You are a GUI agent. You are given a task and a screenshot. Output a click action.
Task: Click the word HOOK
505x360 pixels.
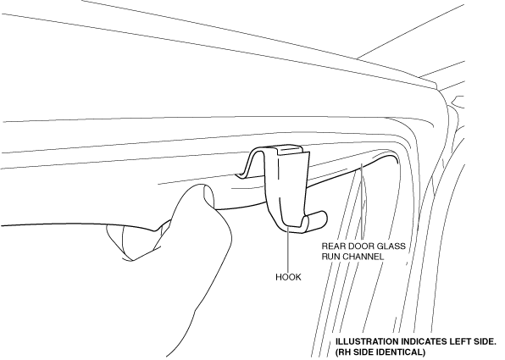point(288,277)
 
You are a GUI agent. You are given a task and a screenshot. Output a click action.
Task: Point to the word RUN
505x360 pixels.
point(330,257)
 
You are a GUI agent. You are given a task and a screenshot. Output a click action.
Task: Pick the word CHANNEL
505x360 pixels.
point(363,257)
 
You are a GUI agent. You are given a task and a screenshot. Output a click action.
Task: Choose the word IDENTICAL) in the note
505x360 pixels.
point(400,352)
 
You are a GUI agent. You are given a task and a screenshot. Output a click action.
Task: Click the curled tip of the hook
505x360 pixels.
point(319,219)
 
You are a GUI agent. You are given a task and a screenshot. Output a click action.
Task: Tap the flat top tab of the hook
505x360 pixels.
point(289,150)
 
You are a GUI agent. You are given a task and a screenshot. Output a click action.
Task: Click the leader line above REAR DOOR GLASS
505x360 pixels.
point(363,202)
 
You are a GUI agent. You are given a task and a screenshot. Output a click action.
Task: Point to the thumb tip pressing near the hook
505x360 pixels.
point(209,196)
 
